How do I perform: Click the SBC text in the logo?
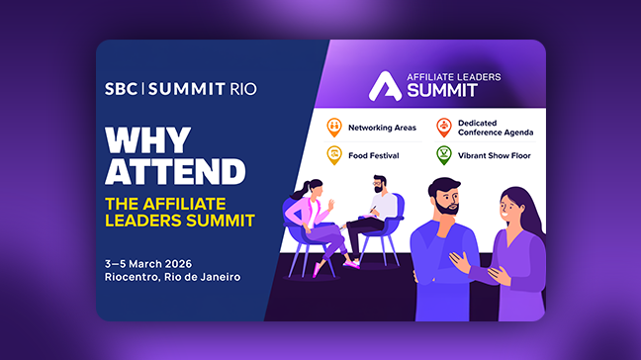tap(122, 89)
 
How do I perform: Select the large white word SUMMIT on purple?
tap(437, 90)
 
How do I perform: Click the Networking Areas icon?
tap(334, 127)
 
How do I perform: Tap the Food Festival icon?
tap(334, 154)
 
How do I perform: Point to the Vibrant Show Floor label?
tap(496, 155)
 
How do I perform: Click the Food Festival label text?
tap(372, 155)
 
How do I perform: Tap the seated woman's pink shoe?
tap(318, 268)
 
